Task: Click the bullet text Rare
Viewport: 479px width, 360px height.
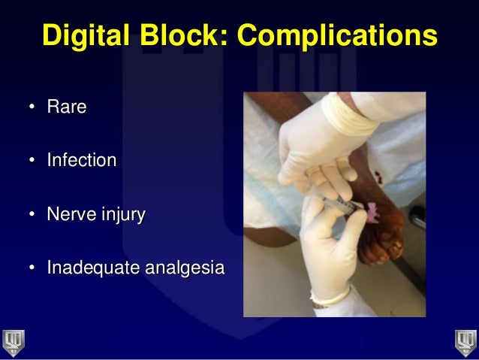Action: pos(67,107)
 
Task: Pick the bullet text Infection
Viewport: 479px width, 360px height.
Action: pos(82,161)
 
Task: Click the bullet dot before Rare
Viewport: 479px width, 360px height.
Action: pos(32,108)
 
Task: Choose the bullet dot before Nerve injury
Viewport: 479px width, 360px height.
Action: pos(32,216)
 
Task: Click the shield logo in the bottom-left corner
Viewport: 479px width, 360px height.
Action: pos(14,342)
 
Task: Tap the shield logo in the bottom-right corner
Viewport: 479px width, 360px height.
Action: pos(465,342)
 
